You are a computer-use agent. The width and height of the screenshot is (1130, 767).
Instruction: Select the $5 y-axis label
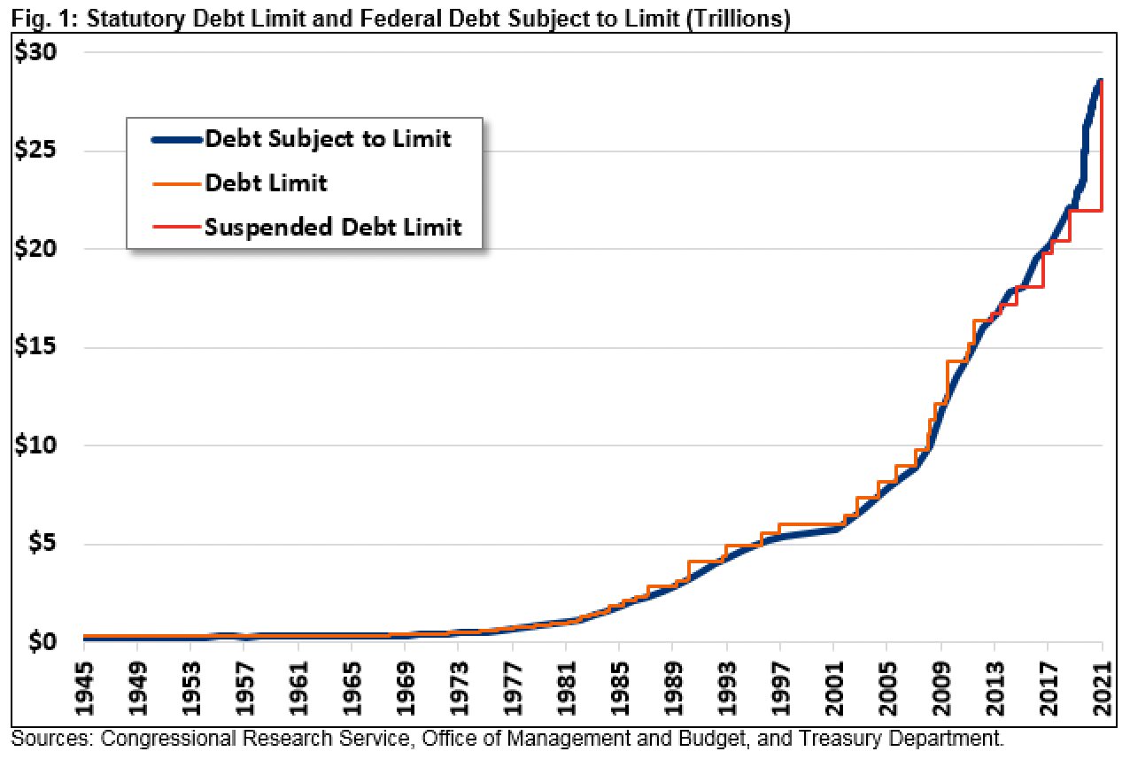pyautogui.click(x=43, y=544)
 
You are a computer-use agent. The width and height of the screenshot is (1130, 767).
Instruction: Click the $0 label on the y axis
pyautogui.click(x=43, y=641)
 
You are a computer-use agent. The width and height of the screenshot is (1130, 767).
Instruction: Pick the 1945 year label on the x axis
pyautogui.click(x=85, y=684)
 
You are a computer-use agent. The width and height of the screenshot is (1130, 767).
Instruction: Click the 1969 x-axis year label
pyautogui.click(x=406, y=684)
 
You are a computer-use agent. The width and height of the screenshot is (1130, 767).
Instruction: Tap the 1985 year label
pyautogui.click(x=619, y=684)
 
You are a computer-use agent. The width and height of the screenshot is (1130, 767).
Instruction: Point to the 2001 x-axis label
pyautogui.click(x=833, y=684)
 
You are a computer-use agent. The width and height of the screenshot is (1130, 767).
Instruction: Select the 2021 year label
pyautogui.click(x=1101, y=684)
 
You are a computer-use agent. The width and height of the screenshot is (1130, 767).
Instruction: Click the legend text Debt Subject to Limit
pyautogui.click(x=328, y=139)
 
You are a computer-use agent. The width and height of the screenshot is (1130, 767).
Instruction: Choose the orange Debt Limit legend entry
pyautogui.click(x=266, y=183)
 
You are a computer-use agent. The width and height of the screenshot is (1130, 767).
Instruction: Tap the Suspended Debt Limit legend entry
pyautogui.click(x=333, y=227)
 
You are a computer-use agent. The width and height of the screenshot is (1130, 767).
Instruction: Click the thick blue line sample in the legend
pyautogui.click(x=176, y=139)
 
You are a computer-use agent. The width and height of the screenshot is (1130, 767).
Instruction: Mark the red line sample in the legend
pyautogui.click(x=176, y=227)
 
